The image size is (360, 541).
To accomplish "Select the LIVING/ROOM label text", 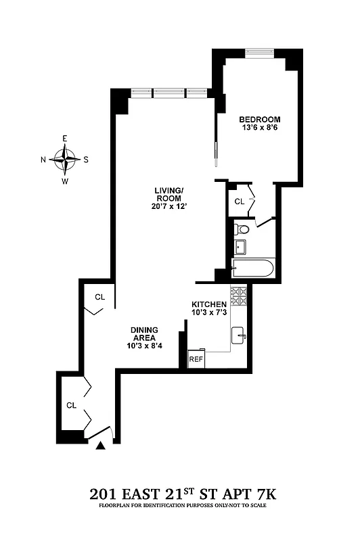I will click(x=167, y=195).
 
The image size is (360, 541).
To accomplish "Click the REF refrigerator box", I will click(x=196, y=359).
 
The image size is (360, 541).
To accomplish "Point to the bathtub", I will click(x=252, y=268).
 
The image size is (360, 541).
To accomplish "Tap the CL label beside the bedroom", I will click(x=239, y=202).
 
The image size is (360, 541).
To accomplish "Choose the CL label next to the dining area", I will click(x=99, y=297).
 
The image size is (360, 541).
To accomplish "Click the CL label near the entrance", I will click(x=71, y=405).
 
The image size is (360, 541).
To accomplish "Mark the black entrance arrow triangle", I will click(x=102, y=445).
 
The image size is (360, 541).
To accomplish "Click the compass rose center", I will click(x=65, y=160).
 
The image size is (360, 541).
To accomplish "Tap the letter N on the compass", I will click(x=44, y=160).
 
